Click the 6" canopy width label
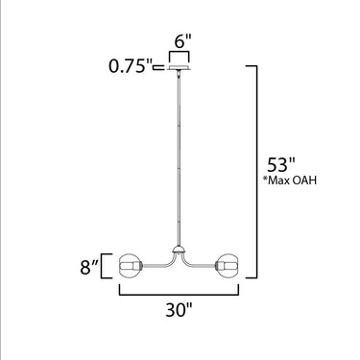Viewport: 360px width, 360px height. pyautogui.click(x=183, y=41)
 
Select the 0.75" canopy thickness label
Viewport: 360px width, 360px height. pyautogui.click(x=130, y=66)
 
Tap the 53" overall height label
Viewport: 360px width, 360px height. pyautogui.click(x=280, y=165)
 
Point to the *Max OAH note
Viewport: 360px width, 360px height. pyautogui.click(x=290, y=180)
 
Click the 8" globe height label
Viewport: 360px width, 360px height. pyautogui.click(x=89, y=267)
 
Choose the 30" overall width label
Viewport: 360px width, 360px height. pyautogui.click(x=180, y=309)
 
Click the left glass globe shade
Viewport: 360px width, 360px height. pyautogui.click(x=130, y=266)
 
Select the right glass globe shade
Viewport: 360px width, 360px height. pyautogui.click(x=228, y=266)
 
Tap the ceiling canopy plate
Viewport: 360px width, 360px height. pyautogui.click(x=180, y=67)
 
